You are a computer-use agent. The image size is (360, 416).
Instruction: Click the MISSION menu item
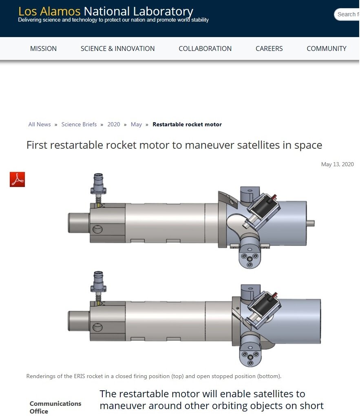43,48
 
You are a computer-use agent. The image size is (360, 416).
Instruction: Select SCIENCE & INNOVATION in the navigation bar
117,48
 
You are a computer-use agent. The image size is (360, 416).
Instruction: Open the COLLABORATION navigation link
205,48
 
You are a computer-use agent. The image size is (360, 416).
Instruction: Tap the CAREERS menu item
269,48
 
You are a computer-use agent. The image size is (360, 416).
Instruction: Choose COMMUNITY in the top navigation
326,48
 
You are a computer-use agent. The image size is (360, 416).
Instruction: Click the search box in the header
347,14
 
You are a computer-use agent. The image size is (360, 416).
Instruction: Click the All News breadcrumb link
40,124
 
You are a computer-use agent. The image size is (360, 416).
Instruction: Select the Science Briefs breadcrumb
79,124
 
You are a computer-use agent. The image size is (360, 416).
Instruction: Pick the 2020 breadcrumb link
114,124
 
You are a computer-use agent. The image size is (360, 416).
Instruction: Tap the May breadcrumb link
136,124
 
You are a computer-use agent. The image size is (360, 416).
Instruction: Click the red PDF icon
17,179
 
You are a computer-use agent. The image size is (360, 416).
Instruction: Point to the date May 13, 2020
338,164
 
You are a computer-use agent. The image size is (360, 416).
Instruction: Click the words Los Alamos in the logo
49,11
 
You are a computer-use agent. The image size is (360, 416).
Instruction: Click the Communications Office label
55,407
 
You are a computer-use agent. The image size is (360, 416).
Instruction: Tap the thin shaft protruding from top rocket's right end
310,223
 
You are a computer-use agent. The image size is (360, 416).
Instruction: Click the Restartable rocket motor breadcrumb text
187,124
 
